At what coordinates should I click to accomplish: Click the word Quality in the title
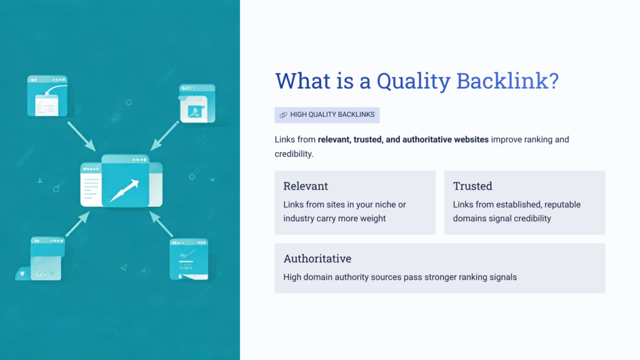(412, 81)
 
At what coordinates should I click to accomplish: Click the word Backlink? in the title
(507, 81)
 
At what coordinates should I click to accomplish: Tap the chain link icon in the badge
(283, 115)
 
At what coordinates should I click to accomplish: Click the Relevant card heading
(306, 186)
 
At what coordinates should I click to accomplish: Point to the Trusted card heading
(472, 186)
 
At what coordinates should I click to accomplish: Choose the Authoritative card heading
(317, 259)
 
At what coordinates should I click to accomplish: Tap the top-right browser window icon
(197, 102)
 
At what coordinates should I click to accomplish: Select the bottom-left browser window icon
(46, 257)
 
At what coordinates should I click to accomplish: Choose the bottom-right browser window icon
(189, 258)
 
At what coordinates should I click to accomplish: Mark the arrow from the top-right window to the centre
(164, 136)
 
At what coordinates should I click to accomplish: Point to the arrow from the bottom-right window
(161, 224)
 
